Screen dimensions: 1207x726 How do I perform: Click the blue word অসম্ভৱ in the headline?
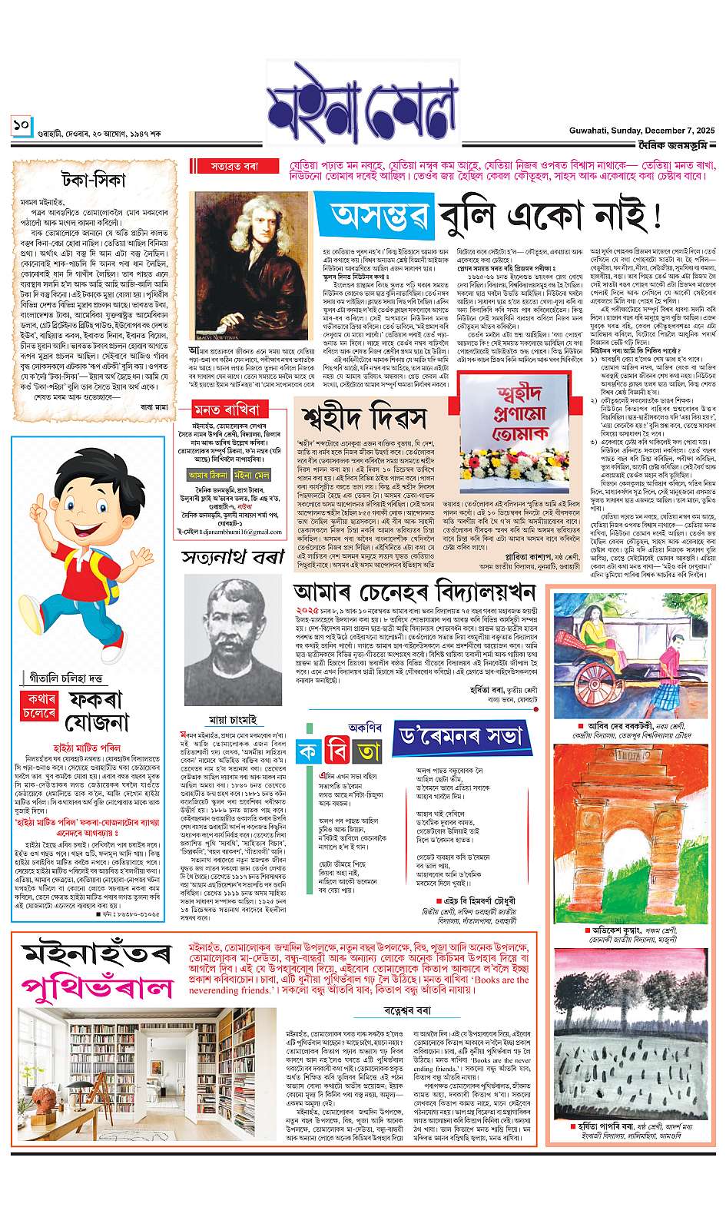click(x=379, y=217)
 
